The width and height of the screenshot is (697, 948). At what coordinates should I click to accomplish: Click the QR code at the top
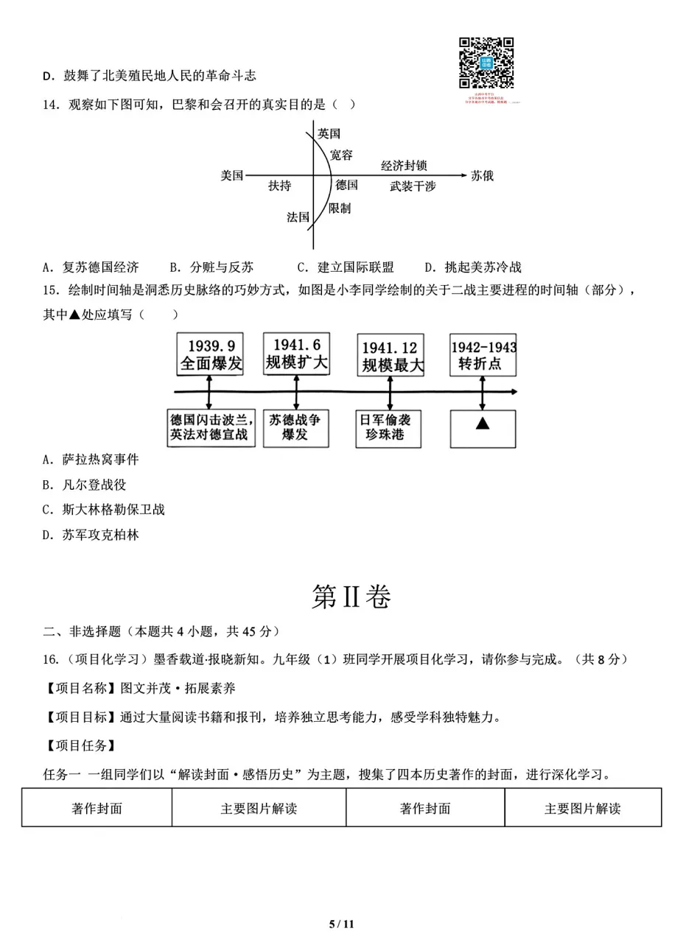coord(486,63)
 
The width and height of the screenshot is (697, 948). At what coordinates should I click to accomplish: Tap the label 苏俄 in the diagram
coord(483,175)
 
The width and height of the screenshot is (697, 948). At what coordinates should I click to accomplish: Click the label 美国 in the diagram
coord(231,175)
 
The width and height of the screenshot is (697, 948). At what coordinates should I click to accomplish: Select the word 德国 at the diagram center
coord(346,185)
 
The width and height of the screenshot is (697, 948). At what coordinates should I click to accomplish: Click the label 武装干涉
coord(413,186)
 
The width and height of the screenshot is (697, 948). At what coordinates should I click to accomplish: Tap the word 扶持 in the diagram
coord(279,186)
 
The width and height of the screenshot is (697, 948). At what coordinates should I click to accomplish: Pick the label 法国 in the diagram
coord(298,217)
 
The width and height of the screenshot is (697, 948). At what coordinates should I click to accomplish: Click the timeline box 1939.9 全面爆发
coord(211,354)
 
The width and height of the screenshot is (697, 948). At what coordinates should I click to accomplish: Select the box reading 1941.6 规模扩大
coord(296,354)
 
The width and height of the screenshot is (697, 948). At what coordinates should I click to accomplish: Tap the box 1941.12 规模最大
coord(390,356)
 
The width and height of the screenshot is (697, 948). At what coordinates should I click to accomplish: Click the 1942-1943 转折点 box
coord(483,355)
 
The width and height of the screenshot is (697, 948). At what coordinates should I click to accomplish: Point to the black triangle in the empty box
coord(483,424)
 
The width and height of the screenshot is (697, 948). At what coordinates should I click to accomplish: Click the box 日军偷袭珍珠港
coord(390,428)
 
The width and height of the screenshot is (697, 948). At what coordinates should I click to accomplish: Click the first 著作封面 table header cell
coord(97,808)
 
